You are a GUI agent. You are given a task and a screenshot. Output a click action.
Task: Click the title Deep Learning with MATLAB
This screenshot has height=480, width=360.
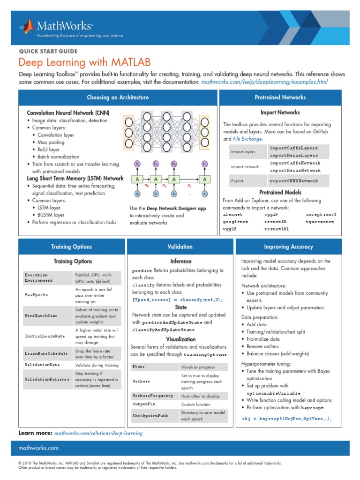coord(85,62)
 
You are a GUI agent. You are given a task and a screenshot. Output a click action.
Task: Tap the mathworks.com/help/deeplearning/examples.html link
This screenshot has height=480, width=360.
coord(264,82)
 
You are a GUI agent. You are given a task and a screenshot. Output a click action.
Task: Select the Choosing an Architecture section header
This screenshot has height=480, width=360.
coord(118,97)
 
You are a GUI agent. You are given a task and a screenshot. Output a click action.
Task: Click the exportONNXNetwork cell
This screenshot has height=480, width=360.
coord(293,181)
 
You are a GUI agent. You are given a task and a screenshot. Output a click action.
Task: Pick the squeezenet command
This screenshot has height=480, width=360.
coord(320,222)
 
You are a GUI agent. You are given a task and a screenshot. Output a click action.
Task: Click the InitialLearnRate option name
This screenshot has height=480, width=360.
coord(45,336)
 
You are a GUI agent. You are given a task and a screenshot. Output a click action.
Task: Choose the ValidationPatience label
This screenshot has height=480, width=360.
coord(47,379)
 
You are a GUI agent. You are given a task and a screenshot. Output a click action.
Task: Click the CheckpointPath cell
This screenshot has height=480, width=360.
coord(150,415)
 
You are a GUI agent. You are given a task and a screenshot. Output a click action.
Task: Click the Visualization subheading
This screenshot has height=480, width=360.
coord(180,339)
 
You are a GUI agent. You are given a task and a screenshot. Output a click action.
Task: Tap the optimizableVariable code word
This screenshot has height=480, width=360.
coord(273,393)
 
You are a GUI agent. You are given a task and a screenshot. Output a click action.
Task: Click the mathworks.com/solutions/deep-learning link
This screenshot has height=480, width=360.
coord(98,434)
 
